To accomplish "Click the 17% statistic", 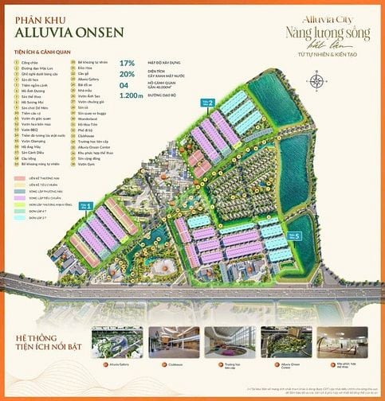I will coord(127,62).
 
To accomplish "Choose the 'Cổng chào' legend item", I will coord(32,61).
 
